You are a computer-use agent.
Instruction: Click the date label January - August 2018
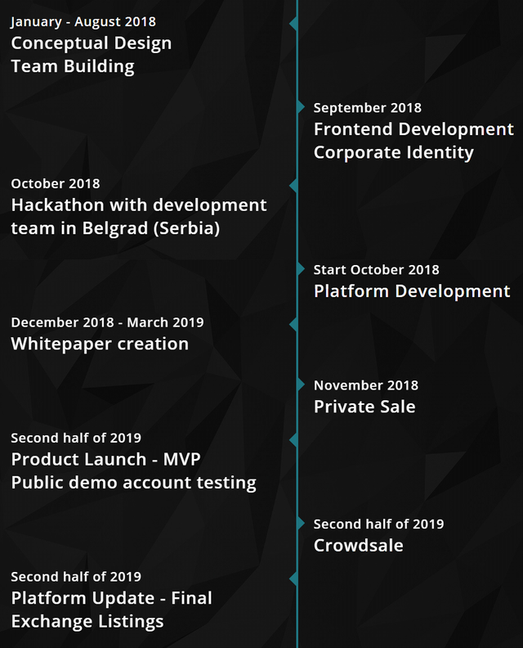click(x=83, y=22)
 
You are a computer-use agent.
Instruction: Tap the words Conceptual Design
click(x=92, y=44)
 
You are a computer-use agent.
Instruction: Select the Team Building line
click(x=73, y=66)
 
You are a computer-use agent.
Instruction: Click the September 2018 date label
click(x=368, y=108)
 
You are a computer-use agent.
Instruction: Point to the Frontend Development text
click(x=413, y=129)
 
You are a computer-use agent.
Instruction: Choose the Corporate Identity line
click(x=393, y=152)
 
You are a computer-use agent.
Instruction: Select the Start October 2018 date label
click(x=376, y=270)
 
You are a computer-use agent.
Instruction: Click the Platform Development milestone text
click(x=412, y=291)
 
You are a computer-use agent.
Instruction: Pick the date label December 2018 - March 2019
click(x=107, y=322)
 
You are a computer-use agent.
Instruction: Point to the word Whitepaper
click(x=58, y=344)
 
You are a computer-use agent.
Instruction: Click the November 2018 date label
click(x=366, y=385)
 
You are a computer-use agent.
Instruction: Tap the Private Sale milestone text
click(x=364, y=407)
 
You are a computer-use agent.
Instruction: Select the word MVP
click(x=181, y=460)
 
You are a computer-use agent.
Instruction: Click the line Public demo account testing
click(x=134, y=483)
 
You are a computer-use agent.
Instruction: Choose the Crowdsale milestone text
click(x=358, y=546)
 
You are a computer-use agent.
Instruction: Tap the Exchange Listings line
click(x=87, y=622)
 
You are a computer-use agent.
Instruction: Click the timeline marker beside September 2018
click(x=301, y=107)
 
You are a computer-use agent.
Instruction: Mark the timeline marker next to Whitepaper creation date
click(x=293, y=325)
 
